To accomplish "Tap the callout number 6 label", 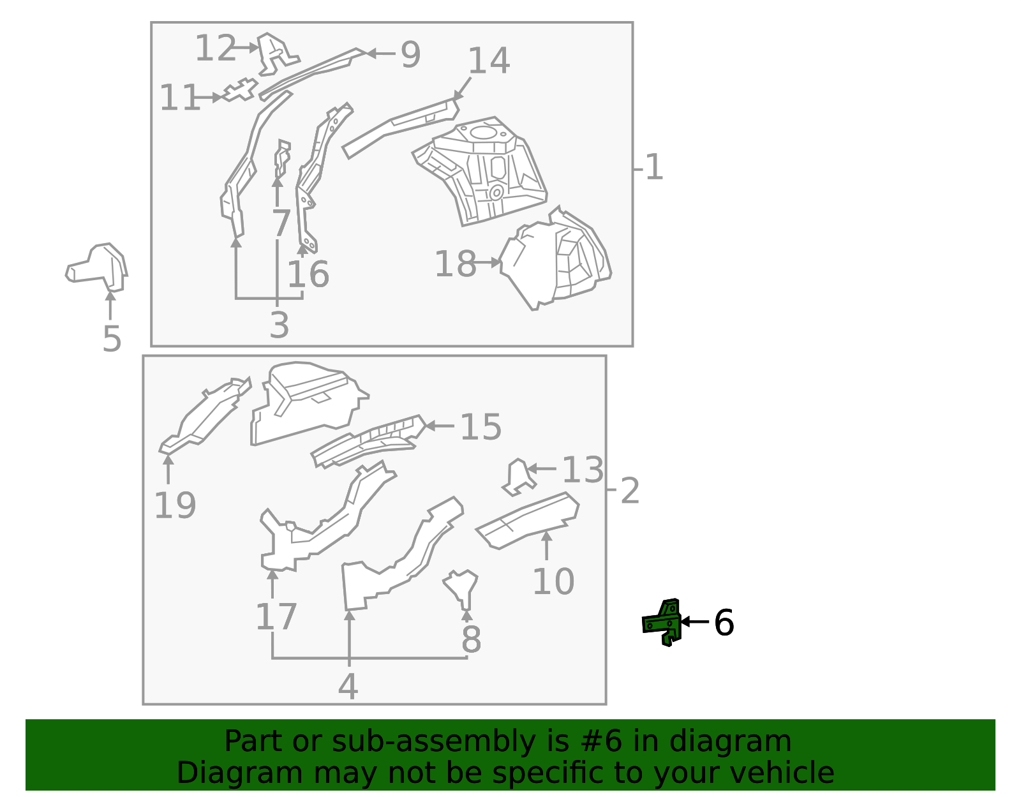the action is click(724, 623).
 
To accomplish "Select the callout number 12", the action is click(215, 48).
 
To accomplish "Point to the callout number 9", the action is click(410, 55).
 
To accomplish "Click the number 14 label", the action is click(489, 61).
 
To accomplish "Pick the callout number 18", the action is click(455, 264).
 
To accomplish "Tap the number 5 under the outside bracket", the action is click(112, 339).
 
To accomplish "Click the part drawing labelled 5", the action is click(97, 268).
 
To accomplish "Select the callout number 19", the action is click(175, 505).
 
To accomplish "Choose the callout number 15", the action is click(481, 427).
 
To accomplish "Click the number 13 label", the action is click(583, 470).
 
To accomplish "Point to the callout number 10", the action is click(553, 581).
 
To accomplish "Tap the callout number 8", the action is click(472, 639).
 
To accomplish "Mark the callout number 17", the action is click(276, 616).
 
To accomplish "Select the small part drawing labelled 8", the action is click(461, 588).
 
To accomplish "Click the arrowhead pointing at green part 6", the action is click(685, 622).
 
